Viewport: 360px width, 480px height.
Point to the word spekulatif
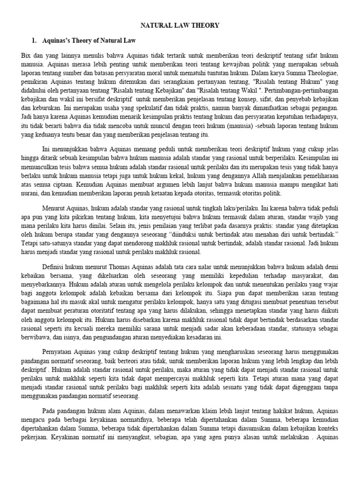(x=144, y=107)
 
